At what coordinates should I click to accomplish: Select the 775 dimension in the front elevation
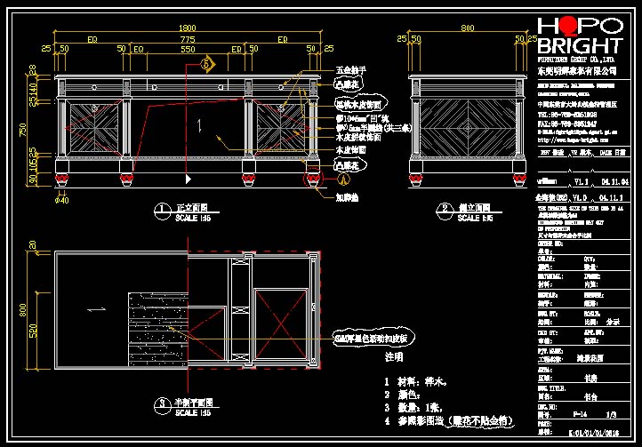(x=188, y=40)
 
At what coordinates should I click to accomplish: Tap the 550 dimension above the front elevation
(x=188, y=50)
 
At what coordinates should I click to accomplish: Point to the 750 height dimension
(x=35, y=129)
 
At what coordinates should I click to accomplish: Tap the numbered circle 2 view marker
(x=445, y=210)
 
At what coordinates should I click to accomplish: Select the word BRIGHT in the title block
(x=579, y=45)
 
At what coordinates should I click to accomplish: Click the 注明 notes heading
(x=392, y=356)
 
